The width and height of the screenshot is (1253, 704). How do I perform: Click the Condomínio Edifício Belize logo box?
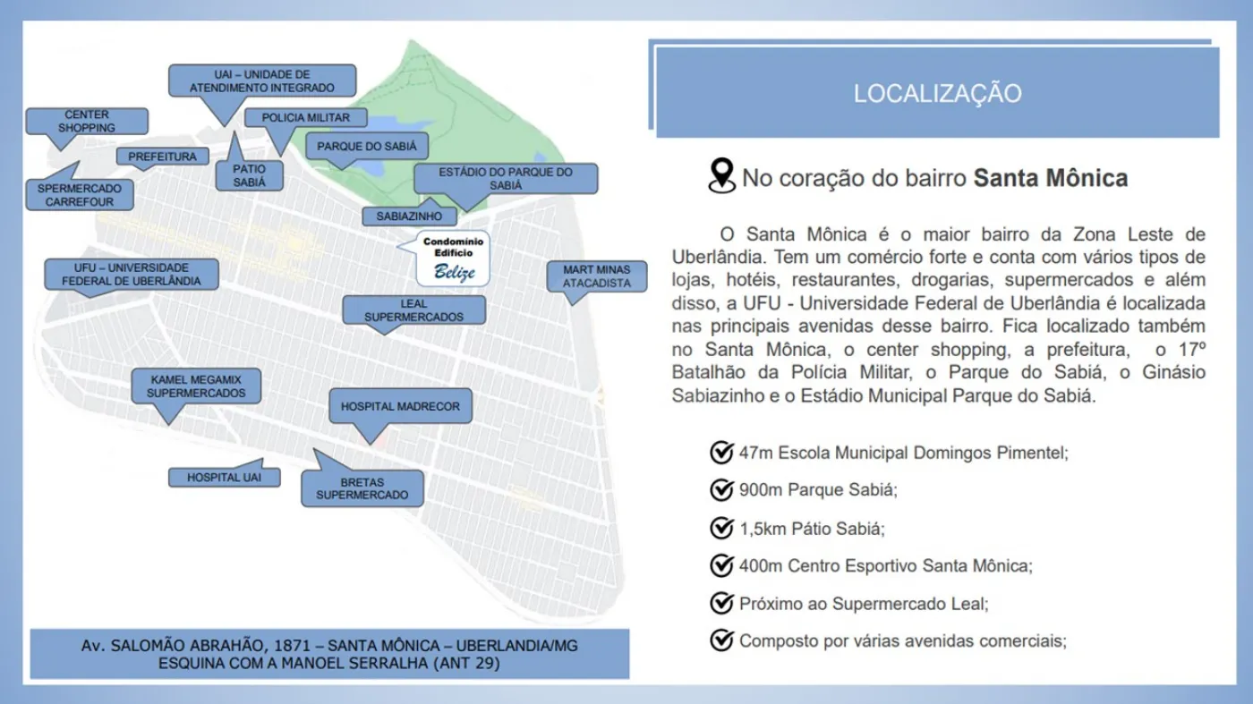point(454,258)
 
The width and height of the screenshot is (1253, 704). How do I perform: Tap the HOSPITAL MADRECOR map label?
point(400,406)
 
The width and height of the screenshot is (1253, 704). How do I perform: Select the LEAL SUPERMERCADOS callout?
point(413,310)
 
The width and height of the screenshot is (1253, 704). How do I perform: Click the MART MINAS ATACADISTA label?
point(596,276)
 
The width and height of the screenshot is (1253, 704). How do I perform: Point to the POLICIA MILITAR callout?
point(305,118)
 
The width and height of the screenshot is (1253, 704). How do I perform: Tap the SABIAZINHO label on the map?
point(409,216)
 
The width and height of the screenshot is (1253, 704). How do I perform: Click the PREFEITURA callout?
point(162,157)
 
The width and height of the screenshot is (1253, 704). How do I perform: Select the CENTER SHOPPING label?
point(87,122)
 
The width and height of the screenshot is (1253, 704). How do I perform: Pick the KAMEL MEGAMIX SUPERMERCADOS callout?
point(196,386)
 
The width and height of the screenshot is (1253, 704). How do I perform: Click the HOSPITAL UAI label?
point(224,478)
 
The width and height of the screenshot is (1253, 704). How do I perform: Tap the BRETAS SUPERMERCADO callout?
point(362,488)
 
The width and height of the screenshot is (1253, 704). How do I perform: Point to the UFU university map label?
point(132,275)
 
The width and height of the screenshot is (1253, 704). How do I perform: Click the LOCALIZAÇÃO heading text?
point(937,94)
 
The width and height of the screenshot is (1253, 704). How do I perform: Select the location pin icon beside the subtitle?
point(720,176)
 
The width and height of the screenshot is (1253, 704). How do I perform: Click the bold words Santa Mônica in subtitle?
point(1051,178)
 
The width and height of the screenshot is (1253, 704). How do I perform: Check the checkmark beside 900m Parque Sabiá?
point(721,490)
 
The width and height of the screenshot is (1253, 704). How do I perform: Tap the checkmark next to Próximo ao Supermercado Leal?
point(721,604)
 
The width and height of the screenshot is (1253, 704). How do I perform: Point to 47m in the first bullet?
point(755,453)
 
